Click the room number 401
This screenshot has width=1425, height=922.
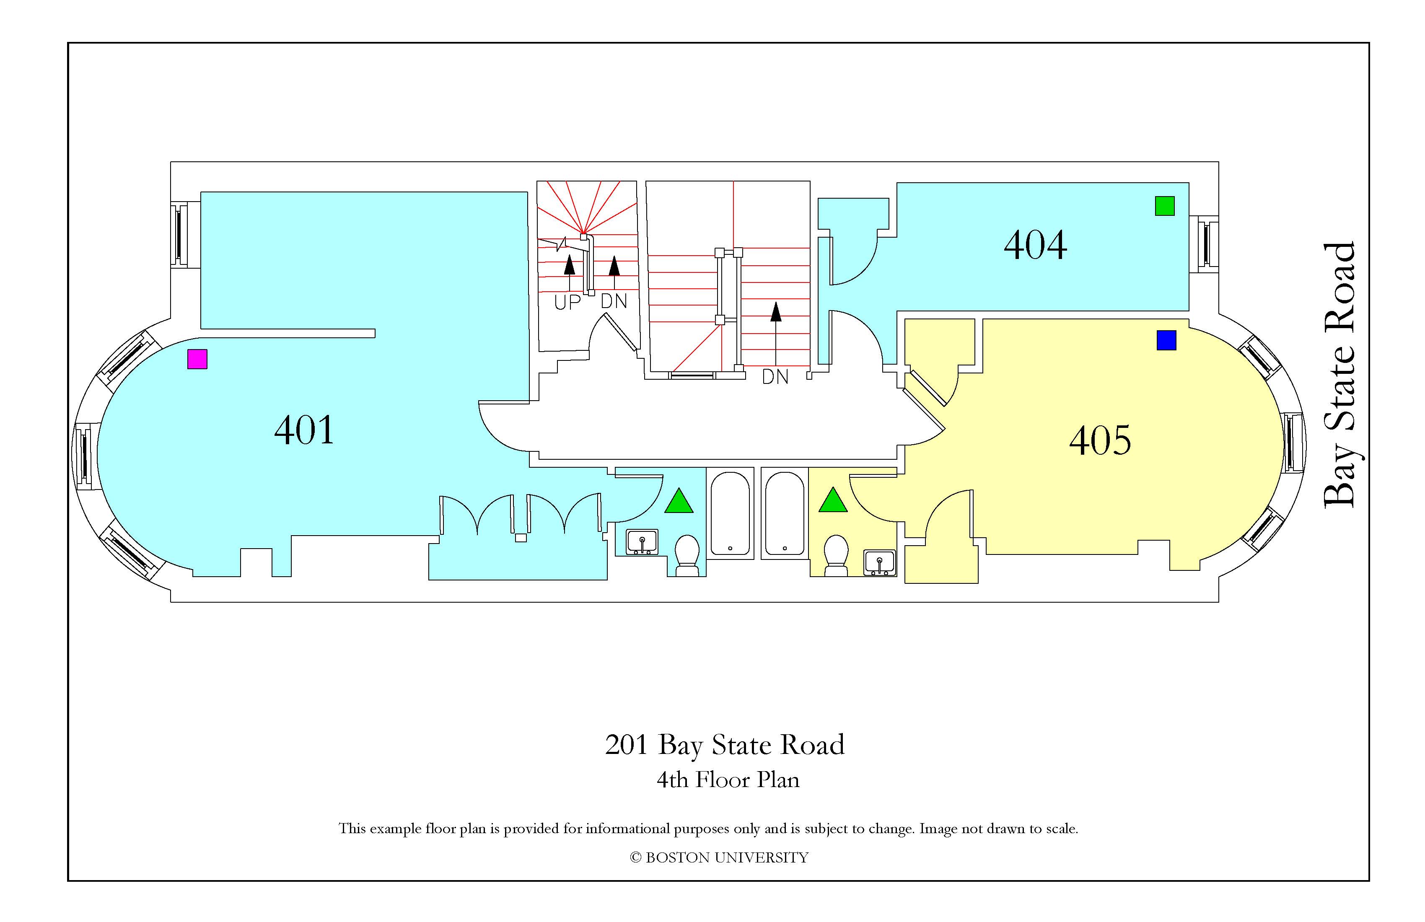pos(304,430)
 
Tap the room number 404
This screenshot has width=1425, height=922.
pos(1035,245)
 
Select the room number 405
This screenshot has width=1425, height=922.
pos(1100,440)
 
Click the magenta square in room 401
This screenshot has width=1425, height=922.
pos(197,359)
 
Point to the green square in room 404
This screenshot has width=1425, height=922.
pos(1165,206)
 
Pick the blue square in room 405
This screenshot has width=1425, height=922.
pos(1166,340)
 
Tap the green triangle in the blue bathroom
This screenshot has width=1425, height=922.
pos(679,502)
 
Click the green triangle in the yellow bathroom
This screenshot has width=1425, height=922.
pos(833,500)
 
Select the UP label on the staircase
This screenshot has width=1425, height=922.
pos(567,302)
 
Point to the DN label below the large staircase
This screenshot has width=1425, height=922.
pos(775,377)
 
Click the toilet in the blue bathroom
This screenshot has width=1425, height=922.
pos(687,556)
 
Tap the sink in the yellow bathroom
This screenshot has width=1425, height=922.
pos(880,563)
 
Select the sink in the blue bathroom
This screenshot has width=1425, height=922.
pos(642,542)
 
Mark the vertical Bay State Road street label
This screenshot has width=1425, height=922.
pos(1339,376)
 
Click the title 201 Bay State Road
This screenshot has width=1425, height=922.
pos(725,746)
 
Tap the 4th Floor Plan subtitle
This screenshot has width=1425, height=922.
pos(728,780)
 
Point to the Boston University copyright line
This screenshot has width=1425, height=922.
pos(719,857)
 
